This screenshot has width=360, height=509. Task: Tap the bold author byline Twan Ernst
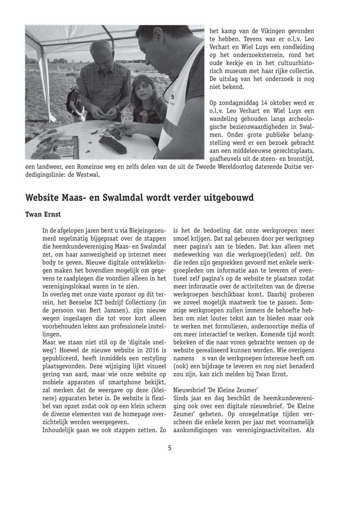pyautogui.click(x=43, y=215)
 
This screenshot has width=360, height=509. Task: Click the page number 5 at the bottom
pyautogui.click(x=170, y=448)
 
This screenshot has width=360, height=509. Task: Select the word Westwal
pyautogui.click(x=88, y=175)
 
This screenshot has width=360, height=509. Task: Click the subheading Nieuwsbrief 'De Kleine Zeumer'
pyautogui.click(x=216, y=390)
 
